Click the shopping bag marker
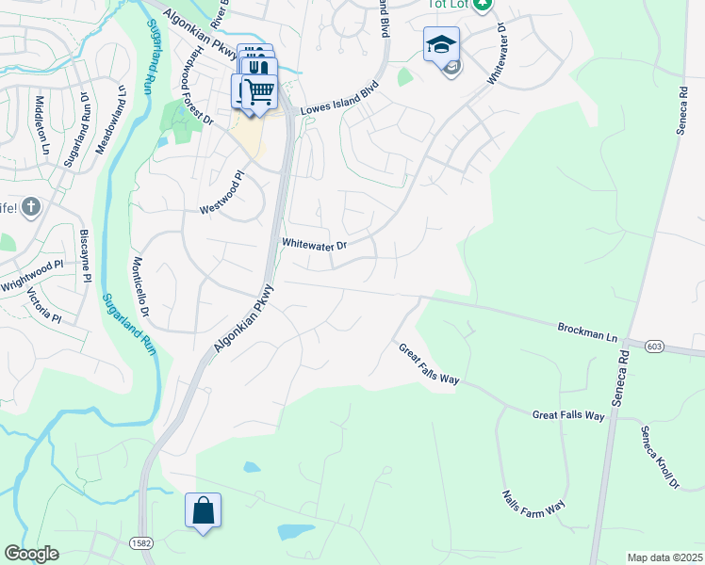click(x=204, y=511)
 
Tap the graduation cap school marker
click(x=440, y=43)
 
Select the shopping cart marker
click(x=259, y=91)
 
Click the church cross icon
click(x=30, y=206)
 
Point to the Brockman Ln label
click(x=586, y=331)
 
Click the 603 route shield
click(x=653, y=347)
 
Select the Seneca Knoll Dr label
click(x=660, y=458)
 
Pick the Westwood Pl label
click(x=221, y=193)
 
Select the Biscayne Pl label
click(x=85, y=253)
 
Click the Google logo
click(x=31, y=554)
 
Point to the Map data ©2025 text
click(x=664, y=557)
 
